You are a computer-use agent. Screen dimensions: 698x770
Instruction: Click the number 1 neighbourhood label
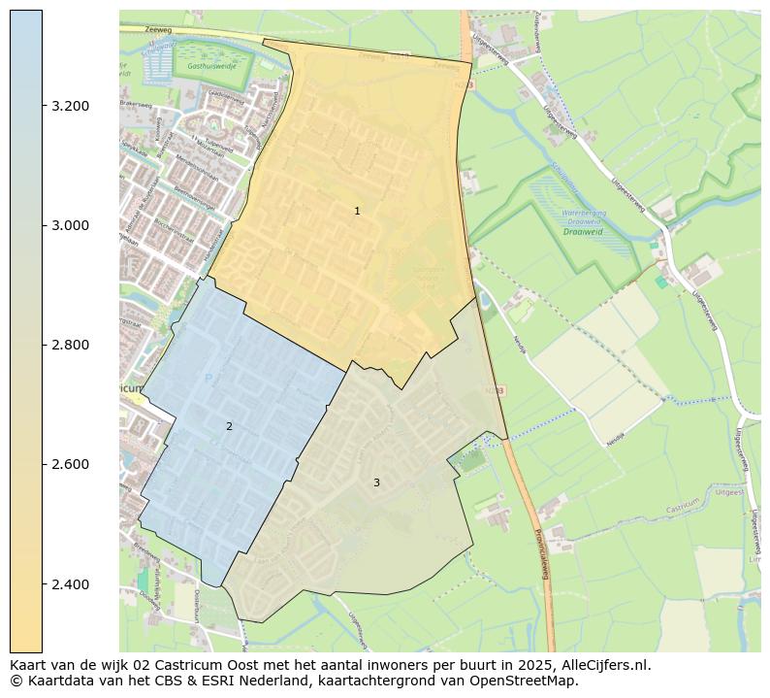click(x=357, y=211)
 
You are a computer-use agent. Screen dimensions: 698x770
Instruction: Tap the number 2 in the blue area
click(x=229, y=426)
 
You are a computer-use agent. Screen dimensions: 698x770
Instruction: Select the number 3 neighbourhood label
click(x=376, y=482)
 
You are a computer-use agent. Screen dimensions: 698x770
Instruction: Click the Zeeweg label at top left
click(x=130, y=30)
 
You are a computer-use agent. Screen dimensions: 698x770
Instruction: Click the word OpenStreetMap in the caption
click(x=528, y=681)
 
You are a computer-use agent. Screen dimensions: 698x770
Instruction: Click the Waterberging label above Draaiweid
click(x=585, y=220)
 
